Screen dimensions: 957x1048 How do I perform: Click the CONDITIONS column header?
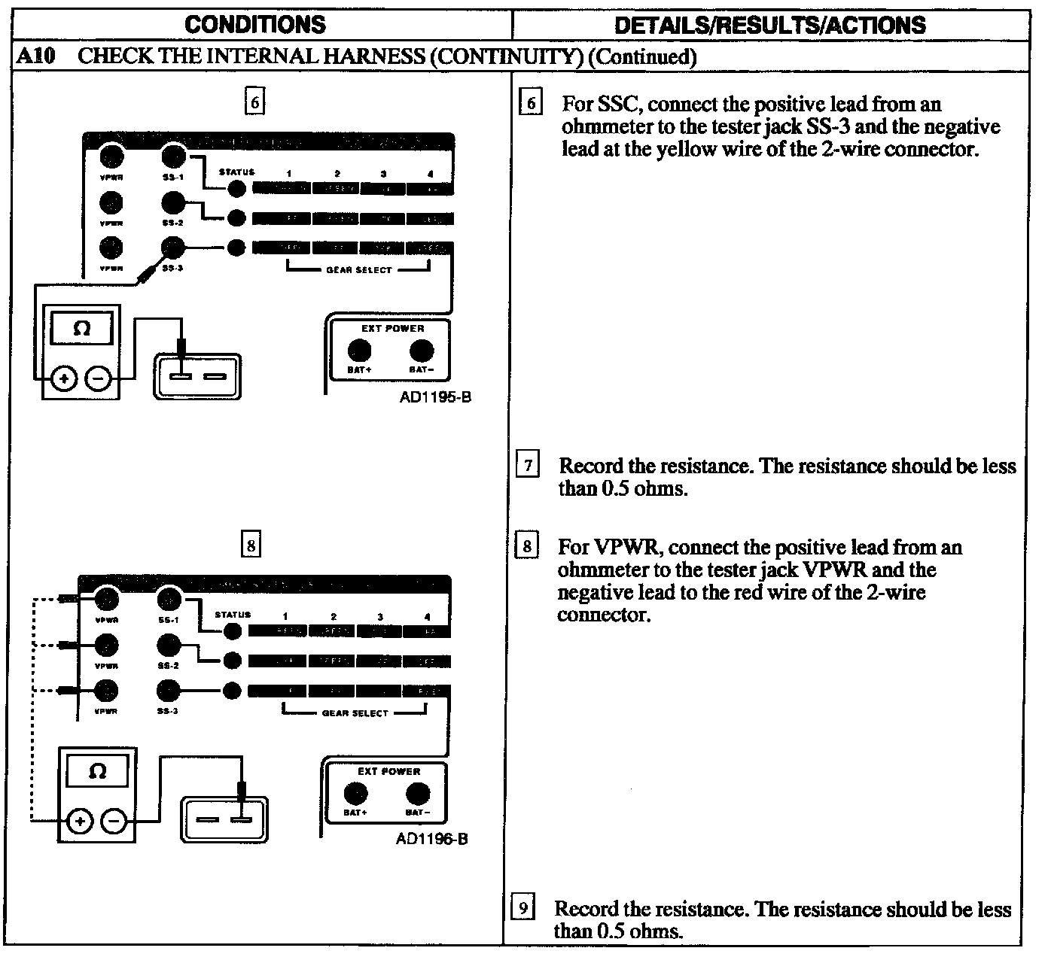[255, 25]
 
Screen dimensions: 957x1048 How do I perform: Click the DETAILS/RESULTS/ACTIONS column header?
[770, 26]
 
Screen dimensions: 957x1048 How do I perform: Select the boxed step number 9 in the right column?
[522, 908]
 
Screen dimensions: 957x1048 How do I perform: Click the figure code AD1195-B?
[436, 397]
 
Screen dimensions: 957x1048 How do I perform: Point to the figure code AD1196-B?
[432, 838]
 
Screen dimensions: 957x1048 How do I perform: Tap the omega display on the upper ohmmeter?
[82, 330]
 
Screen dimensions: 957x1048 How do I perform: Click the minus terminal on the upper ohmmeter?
[98, 378]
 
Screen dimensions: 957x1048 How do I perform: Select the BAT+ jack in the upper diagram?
[359, 351]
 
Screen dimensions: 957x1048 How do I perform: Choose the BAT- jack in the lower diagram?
[417, 794]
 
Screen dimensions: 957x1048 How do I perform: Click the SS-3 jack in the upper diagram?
[173, 247]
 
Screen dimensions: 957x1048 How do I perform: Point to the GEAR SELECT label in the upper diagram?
[358, 270]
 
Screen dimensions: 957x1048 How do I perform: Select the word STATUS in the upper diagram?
[236, 172]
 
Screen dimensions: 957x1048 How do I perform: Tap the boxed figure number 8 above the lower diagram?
[251, 544]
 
